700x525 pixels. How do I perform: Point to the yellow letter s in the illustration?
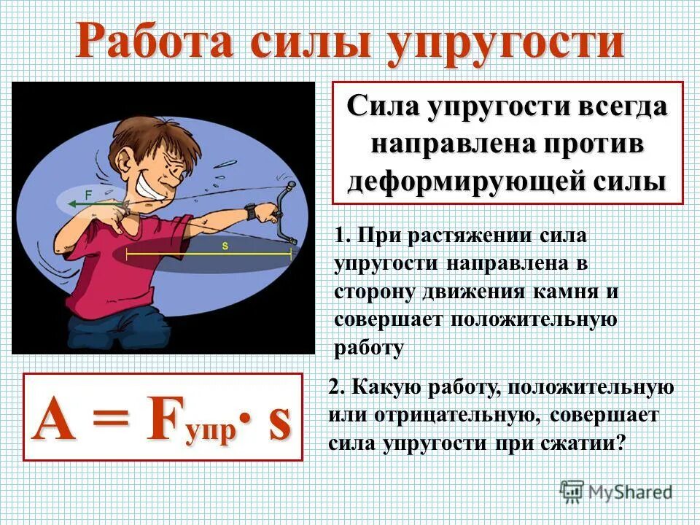click(225, 246)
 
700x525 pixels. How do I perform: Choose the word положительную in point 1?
click(534, 319)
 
